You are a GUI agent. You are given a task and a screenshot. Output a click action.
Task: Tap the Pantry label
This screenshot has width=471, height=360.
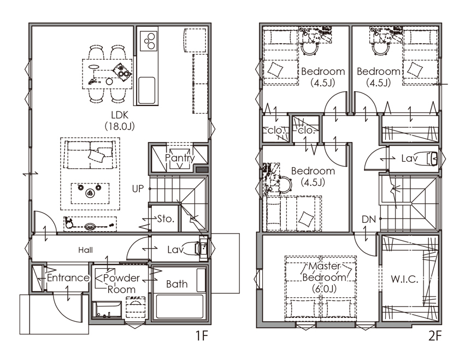[180, 158]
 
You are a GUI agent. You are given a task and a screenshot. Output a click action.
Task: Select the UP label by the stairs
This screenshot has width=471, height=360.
[138, 189]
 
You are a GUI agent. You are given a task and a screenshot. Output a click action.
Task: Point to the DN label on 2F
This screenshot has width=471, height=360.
[369, 220]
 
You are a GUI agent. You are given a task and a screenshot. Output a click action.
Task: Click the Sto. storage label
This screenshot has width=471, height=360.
[166, 219]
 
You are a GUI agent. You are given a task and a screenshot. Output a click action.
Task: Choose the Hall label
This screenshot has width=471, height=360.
[86, 250]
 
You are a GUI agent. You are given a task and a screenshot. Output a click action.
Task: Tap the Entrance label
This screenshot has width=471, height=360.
[68, 278]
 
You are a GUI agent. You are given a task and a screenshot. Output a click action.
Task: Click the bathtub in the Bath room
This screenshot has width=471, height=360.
[179, 306]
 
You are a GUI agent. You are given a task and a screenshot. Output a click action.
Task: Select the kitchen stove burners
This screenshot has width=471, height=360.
[149, 40]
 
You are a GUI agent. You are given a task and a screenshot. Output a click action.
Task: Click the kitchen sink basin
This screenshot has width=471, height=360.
[147, 90]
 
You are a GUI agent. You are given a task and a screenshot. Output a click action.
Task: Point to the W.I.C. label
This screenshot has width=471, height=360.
[404, 279]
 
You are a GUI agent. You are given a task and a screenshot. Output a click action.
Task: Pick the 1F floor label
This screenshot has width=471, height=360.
[202, 335]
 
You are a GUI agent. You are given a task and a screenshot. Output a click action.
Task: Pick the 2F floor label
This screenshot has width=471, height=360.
[435, 335]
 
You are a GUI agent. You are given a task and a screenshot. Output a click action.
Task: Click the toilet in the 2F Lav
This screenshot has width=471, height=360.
[432, 159]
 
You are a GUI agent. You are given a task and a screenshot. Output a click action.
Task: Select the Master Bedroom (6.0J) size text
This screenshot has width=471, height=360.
[324, 289]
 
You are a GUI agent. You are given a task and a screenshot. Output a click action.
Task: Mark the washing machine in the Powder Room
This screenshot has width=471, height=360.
[136, 307]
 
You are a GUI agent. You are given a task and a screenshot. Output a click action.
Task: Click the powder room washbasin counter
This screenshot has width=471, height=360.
[107, 310]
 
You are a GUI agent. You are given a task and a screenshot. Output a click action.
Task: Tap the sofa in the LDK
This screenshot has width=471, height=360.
[90, 155]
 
